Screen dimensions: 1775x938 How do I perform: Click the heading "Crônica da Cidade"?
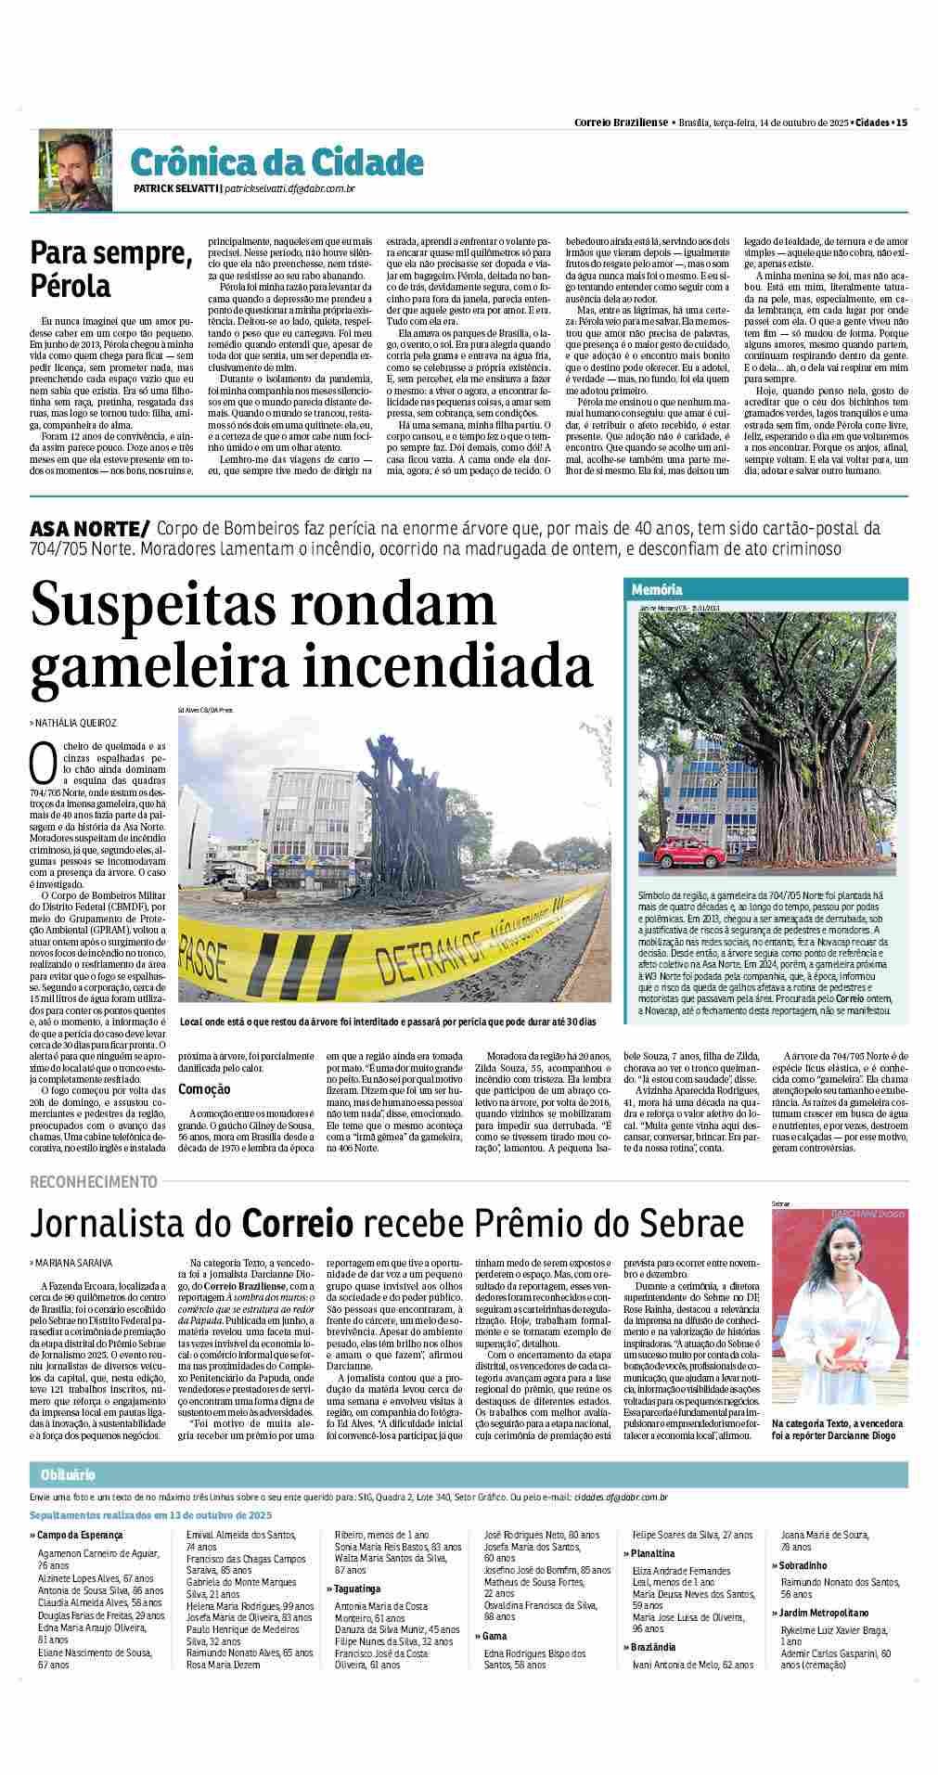276,162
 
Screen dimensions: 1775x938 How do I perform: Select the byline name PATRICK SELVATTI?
175,189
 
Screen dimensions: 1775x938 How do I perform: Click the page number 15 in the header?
901,122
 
